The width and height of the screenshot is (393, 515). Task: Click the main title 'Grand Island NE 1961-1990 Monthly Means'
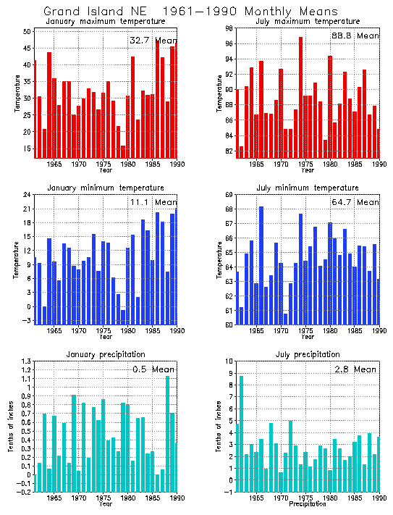click(190, 12)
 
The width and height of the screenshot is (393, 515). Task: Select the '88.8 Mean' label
click(354, 35)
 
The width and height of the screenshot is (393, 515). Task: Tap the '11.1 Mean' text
click(152, 202)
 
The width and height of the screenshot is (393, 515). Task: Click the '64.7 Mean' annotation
click(354, 202)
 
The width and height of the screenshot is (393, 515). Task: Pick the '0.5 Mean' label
click(153, 369)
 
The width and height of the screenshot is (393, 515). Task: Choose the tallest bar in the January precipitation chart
click(168, 434)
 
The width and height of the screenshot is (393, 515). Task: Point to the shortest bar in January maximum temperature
click(123, 151)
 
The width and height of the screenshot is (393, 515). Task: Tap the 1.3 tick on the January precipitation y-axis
click(26, 361)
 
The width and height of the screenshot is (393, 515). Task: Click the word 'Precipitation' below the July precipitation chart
click(308, 505)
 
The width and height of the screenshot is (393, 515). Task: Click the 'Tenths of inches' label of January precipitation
click(10, 427)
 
